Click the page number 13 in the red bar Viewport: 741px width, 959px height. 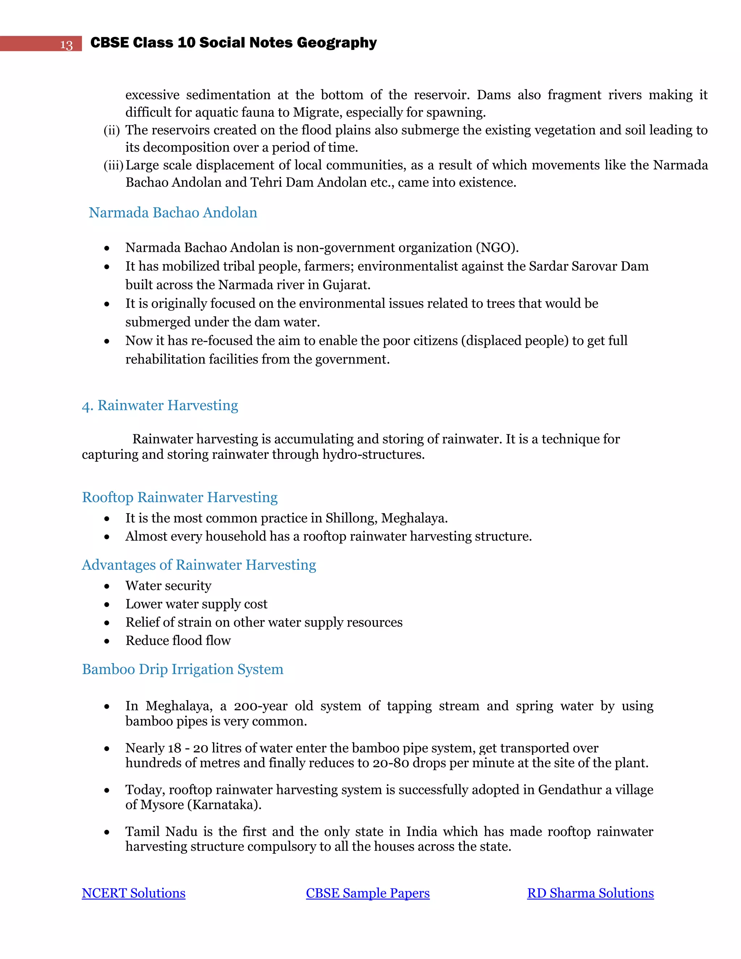[x=66, y=45]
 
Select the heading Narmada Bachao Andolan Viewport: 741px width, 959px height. [x=173, y=212]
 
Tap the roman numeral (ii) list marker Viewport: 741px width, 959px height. [x=111, y=130]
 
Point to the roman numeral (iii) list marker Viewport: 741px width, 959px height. [x=113, y=165]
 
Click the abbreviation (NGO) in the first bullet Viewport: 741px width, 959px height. [x=496, y=248]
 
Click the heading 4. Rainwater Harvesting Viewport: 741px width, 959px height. [x=160, y=405]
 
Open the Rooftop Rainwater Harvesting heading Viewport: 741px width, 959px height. [x=179, y=497]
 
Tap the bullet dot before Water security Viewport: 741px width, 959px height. [x=107, y=586]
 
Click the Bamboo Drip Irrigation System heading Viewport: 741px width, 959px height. [x=183, y=669]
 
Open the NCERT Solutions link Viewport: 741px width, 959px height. [x=134, y=893]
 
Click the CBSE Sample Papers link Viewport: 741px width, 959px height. [x=368, y=893]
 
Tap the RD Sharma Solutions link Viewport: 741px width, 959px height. [x=590, y=893]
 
